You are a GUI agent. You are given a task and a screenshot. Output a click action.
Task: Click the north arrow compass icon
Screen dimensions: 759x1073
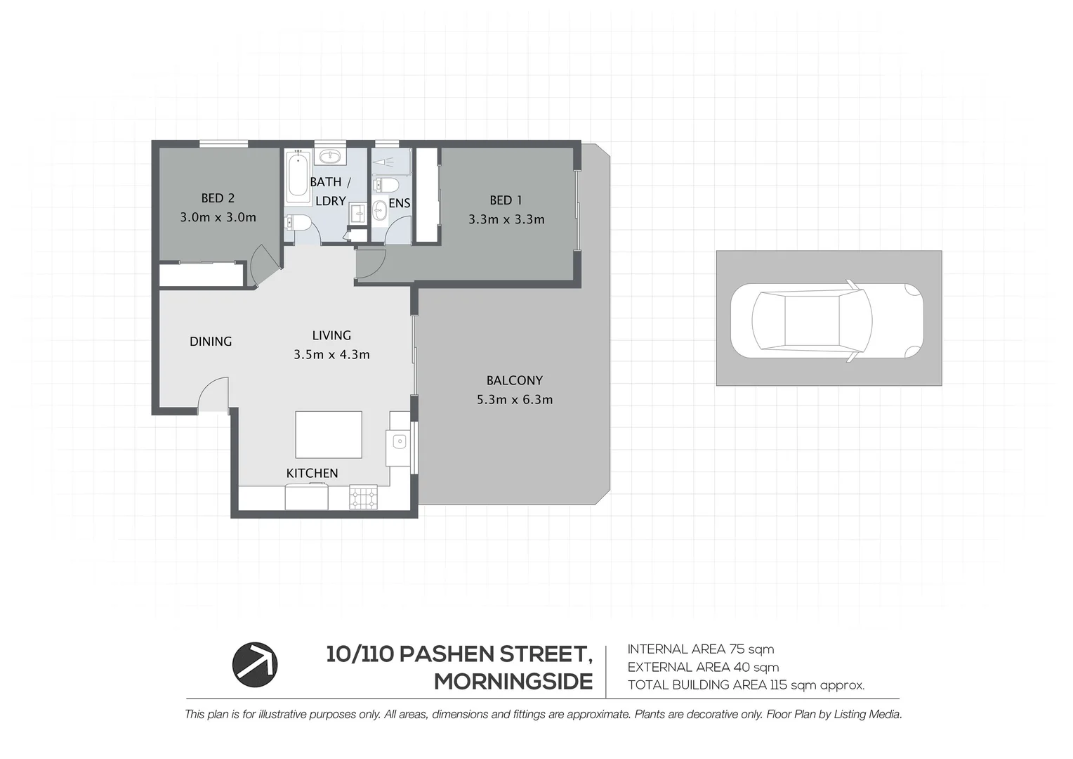coord(255,664)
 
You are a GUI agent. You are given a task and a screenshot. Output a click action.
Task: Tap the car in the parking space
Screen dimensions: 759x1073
coord(827,321)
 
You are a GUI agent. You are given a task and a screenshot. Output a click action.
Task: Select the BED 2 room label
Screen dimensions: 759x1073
coord(218,199)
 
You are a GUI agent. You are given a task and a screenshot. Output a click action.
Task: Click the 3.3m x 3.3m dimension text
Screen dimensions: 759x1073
coord(506,219)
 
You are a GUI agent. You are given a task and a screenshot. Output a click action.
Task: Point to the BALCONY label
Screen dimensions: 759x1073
coord(514,380)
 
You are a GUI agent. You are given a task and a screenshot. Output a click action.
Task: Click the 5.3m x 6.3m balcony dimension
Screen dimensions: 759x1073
coord(514,400)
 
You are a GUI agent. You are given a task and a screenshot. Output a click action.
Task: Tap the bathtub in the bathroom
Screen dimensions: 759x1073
coord(298,178)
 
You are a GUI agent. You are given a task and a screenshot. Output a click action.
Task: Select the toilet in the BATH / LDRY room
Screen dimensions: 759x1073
coord(298,223)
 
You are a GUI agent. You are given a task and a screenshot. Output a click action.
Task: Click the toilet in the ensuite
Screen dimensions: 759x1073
coord(386,185)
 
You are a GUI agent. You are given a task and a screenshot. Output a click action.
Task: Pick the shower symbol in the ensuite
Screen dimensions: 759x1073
coord(390,161)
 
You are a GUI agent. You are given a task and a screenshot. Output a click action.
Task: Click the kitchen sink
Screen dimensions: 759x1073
coord(399,442)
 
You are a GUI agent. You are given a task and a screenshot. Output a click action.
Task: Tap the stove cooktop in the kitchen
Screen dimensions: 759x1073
coord(363,498)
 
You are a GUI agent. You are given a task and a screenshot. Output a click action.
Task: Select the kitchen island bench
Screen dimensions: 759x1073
coord(329,434)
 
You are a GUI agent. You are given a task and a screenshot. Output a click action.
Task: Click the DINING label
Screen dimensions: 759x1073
coord(211,342)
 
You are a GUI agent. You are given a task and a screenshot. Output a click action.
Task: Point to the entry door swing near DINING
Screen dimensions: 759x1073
coord(213,394)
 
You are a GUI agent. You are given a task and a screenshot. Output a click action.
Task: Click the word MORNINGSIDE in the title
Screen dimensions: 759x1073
coord(513,682)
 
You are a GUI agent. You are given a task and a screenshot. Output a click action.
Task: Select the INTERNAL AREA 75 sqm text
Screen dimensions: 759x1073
coord(700,649)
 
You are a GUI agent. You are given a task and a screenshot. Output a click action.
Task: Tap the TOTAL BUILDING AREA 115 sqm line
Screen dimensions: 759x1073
coord(746,685)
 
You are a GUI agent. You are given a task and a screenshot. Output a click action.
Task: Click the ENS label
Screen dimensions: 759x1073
coord(399,203)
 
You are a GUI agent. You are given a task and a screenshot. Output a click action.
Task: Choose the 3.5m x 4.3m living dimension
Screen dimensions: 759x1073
coord(331,355)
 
